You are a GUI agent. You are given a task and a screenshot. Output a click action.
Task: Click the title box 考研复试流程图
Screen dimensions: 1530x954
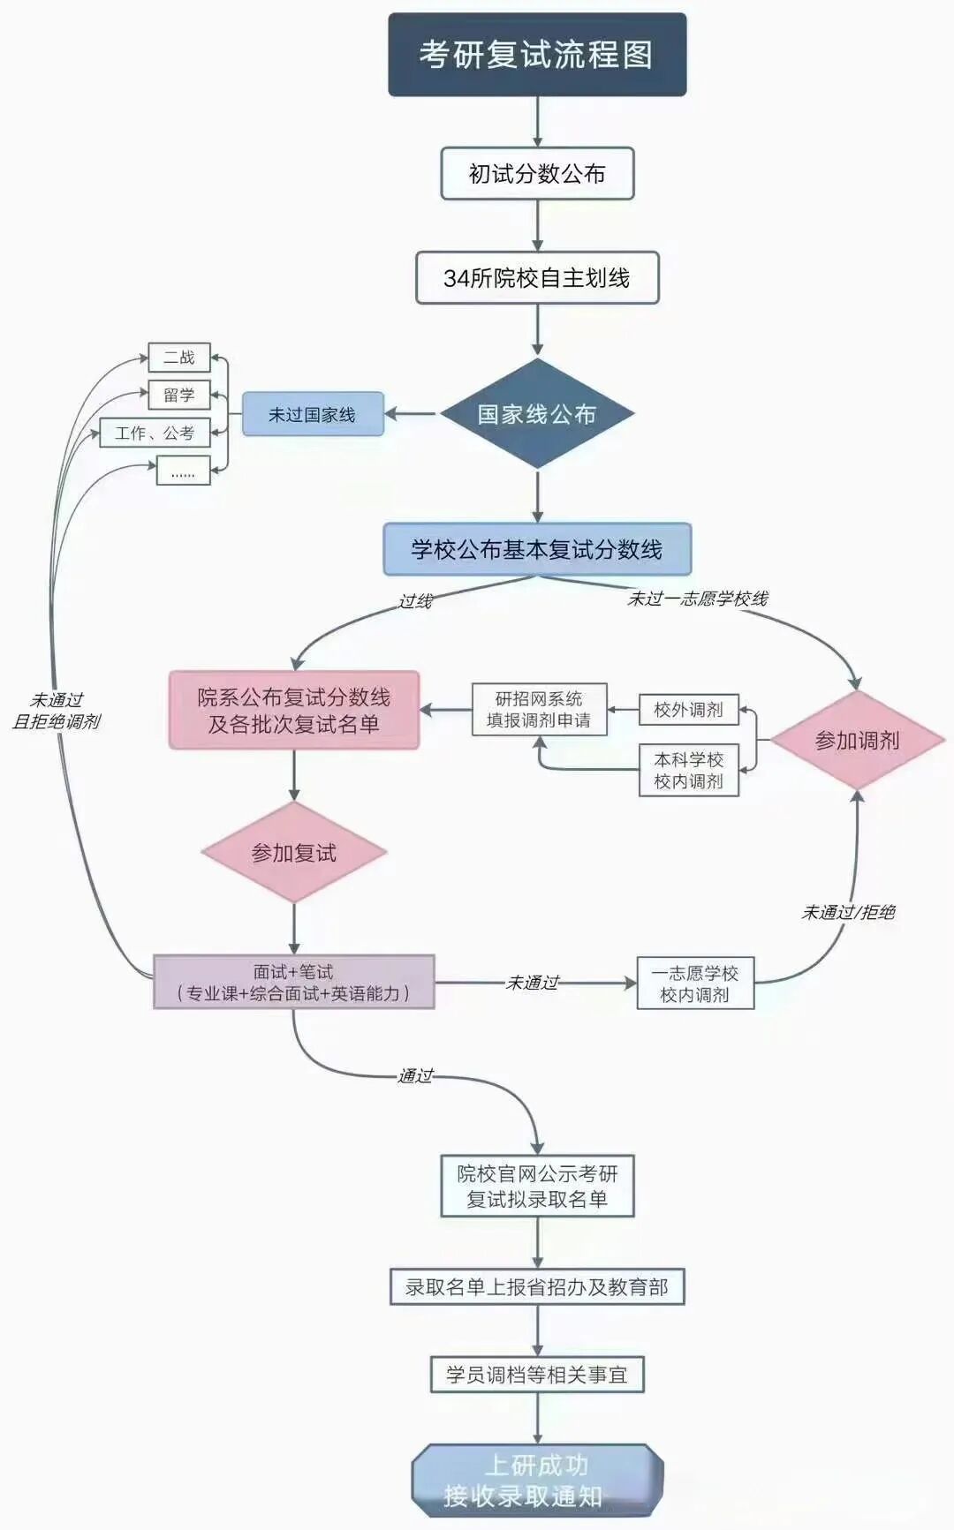click(x=537, y=55)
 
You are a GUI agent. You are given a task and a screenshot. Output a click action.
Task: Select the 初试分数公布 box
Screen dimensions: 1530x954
click(x=537, y=174)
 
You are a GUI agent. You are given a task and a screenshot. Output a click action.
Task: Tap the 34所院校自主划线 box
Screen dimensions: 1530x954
click(x=537, y=278)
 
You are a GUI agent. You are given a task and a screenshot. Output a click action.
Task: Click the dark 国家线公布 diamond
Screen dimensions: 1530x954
click(x=537, y=414)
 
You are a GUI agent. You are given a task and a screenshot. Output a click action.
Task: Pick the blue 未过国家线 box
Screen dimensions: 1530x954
click(x=313, y=414)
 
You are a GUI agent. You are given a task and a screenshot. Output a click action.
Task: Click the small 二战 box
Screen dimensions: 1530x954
click(x=179, y=358)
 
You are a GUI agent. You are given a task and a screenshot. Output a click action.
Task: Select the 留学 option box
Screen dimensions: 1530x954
click(x=179, y=395)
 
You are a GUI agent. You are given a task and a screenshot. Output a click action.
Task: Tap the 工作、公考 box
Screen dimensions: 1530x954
click(x=155, y=433)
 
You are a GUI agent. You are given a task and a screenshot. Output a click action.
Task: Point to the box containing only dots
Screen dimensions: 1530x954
click(x=183, y=471)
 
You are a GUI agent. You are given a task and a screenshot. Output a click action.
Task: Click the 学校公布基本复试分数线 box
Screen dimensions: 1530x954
click(x=537, y=549)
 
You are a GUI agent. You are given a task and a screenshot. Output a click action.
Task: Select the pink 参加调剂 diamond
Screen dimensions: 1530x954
click(x=857, y=740)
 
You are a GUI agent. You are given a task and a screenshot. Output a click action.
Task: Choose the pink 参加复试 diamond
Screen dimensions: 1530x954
click(x=294, y=853)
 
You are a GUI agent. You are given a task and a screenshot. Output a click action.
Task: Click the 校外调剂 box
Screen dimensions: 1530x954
click(x=688, y=710)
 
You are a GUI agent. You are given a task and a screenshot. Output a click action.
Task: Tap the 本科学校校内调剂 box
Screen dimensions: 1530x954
click(x=688, y=771)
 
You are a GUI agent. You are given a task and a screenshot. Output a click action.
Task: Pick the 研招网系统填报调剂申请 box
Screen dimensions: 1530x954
click(x=539, y=710)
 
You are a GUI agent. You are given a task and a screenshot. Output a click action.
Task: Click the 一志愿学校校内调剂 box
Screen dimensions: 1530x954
click(x=695, y=984)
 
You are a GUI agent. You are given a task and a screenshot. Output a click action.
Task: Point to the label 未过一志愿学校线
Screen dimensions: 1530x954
click(x=698, y=599)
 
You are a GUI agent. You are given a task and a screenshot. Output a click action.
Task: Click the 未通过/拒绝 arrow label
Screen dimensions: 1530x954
click(x=848, y=912)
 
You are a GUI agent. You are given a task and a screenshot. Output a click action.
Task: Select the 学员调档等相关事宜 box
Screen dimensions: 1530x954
click(x=537, y=1375)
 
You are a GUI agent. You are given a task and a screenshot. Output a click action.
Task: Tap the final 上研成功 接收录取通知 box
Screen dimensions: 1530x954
click(x=537, y=1481)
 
